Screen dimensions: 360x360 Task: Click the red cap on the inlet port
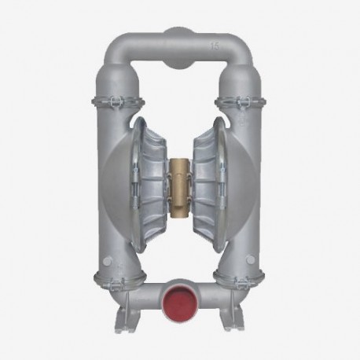[180, 305]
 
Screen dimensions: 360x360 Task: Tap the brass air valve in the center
[180, 178]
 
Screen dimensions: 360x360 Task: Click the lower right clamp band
[241, 276]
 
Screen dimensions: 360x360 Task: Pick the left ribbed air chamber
[149, 179]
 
